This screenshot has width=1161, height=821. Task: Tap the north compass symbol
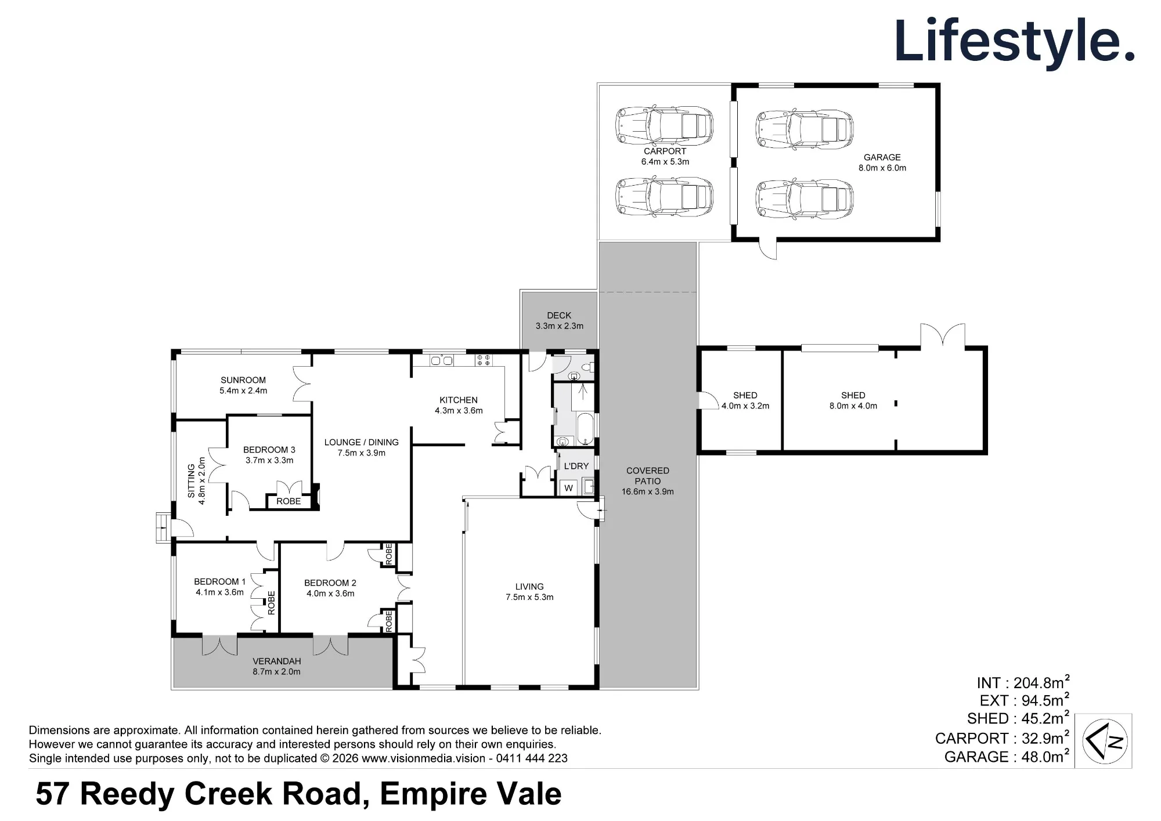(x=1105, y=741)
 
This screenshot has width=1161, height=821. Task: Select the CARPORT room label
(x=665, y=151)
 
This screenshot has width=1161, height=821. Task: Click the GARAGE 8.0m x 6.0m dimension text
(x=882, y=168)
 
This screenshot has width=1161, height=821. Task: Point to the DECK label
(x=559, y=315)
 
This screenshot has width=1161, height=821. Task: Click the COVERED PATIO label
(x=648, y=476)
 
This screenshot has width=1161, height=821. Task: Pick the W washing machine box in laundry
(x=568, y=488)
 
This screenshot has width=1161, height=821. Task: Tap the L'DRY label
(x=576, y=466)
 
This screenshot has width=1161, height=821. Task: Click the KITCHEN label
(x=459, y=400)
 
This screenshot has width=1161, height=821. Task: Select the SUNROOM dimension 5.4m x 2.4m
(x=243, y=390)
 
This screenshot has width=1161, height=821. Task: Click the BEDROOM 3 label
(x=269, y=450)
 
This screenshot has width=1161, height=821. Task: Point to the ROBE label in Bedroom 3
(x=289, y=501)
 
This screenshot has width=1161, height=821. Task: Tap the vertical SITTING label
(x=192, y=481)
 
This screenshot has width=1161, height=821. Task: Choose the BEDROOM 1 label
(x=220, y=581)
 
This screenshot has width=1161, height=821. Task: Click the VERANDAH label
(x=277, y=661)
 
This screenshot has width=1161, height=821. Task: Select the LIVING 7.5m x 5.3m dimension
(x=529, y=597)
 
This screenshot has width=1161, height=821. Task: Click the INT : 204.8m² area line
(x=1023, y=682)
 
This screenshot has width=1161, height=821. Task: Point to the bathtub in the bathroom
(x=585, y=428)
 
